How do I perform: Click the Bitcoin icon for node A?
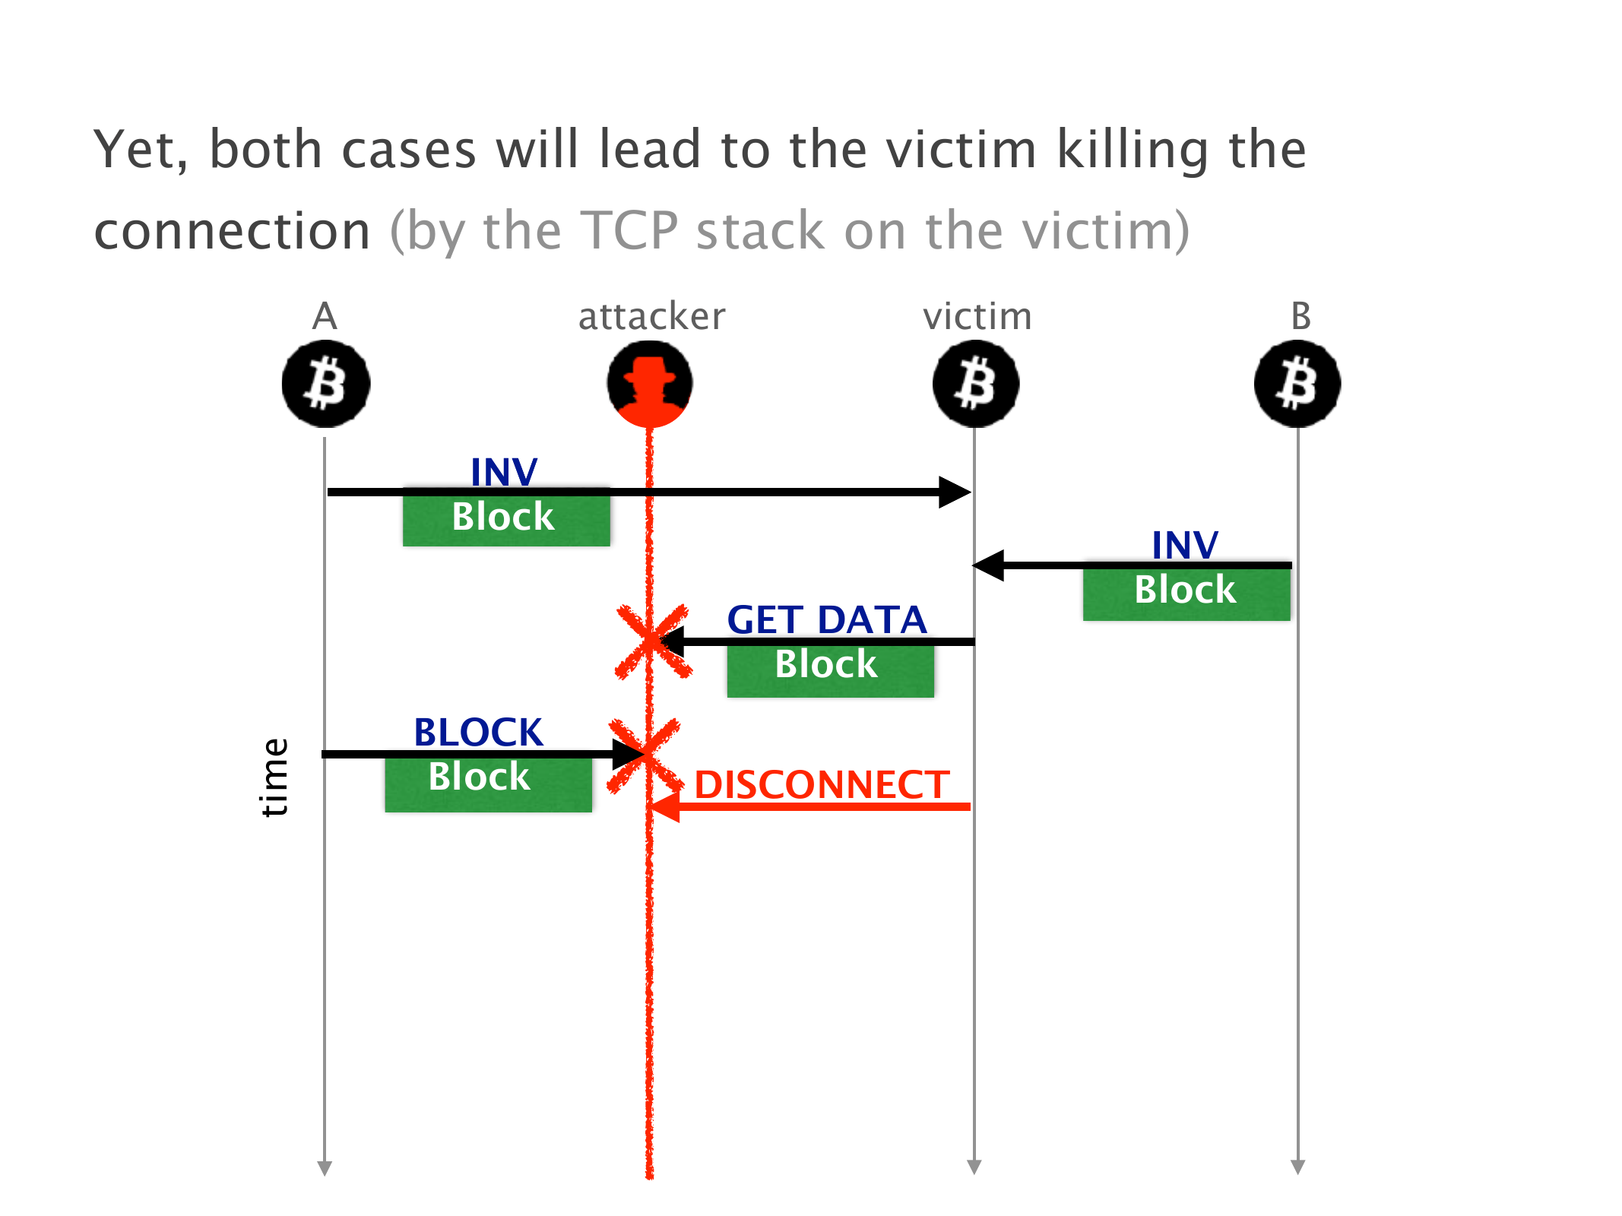326,384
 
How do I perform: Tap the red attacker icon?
650,384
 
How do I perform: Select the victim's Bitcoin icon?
976,384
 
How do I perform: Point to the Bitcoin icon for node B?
1297,384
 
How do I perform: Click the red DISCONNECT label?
822,784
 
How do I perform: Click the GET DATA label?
827,619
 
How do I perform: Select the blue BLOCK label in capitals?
478,732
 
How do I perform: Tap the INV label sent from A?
504,471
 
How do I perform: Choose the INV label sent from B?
1185,544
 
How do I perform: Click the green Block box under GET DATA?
830,669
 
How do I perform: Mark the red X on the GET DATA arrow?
652,641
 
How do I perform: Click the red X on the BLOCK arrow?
645,755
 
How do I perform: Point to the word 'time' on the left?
274,777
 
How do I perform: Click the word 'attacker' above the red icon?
651,316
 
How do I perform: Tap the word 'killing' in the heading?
1133,150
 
